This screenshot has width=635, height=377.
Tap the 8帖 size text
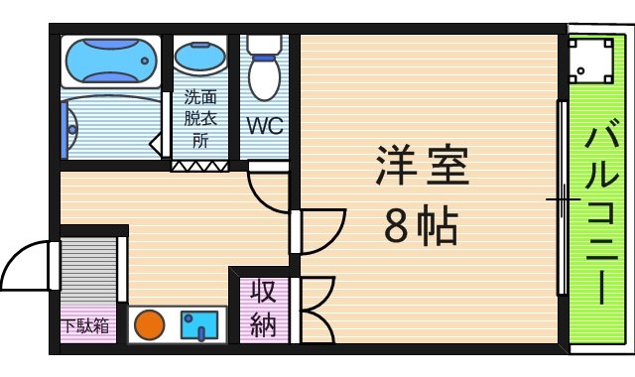coord(421,229)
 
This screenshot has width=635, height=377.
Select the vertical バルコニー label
coord(601,212)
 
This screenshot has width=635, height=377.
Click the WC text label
coord(265,127)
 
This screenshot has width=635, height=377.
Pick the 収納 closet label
coord(263,309)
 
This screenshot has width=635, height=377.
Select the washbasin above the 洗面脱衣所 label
coord(200,60)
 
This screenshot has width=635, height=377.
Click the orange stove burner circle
coord(149,324)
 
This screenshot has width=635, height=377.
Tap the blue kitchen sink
coord(199,324)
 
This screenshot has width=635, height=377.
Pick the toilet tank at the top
coord(265,45)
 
